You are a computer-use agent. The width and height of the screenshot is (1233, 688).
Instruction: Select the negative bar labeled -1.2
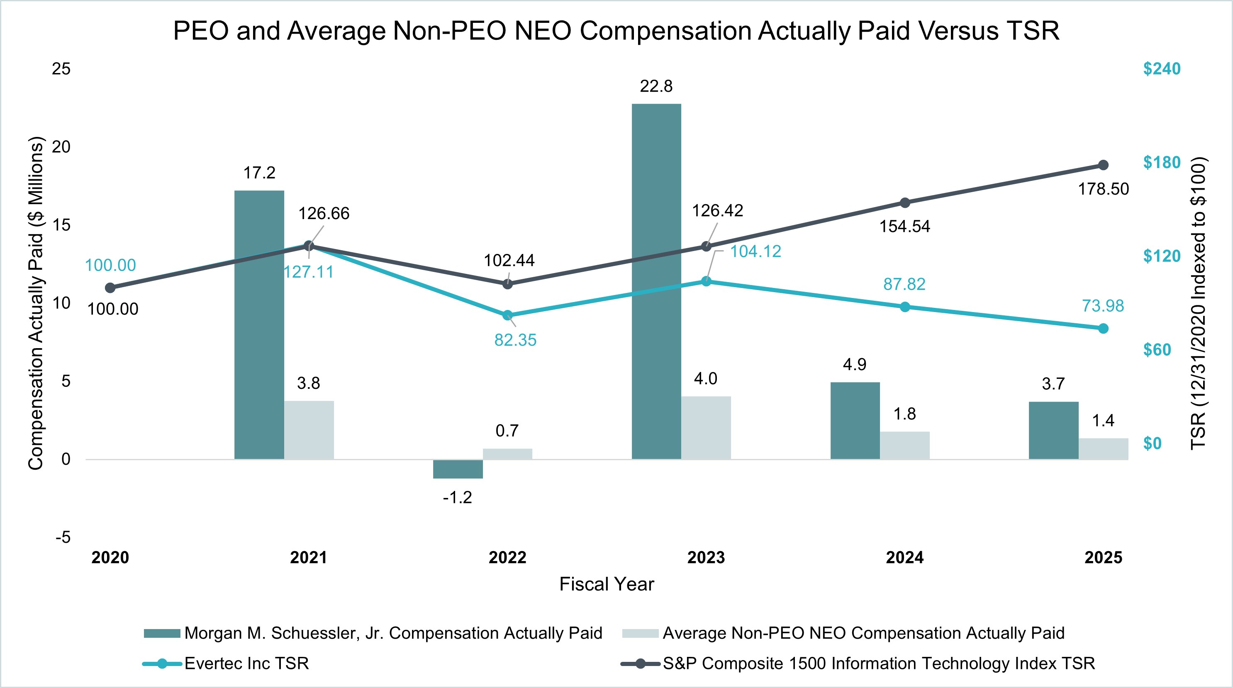(x=458, y=469)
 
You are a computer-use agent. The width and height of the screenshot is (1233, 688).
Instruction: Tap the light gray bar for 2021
(x=309, y=430)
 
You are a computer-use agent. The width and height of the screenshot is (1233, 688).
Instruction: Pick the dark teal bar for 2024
(x=855, y=420)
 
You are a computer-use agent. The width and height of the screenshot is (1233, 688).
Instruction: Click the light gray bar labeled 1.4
(x=1103, y=449)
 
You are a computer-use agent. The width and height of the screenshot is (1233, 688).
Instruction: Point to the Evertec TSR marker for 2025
(x=1103, y=329)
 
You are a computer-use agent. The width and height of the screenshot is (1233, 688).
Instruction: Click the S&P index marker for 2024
(x=905, y=202)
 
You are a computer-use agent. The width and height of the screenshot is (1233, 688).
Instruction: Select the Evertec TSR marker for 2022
(x=507, y=315)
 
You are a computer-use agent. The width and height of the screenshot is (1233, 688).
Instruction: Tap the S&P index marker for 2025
(x=1103, y=165)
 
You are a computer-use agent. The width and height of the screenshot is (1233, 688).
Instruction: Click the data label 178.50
(x=1103, y=189)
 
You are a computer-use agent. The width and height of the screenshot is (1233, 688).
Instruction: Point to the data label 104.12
(x=755, y=251)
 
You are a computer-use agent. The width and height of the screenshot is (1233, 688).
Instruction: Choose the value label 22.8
(x=656, y=86)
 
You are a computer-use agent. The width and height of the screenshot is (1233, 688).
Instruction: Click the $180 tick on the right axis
(x=1162, y=162)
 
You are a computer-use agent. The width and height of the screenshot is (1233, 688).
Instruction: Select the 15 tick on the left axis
(x=61, y=225)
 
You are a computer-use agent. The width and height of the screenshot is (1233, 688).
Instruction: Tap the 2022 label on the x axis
(x=507, y=557)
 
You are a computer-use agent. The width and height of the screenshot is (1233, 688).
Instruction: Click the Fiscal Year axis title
(x=607, y=584)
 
